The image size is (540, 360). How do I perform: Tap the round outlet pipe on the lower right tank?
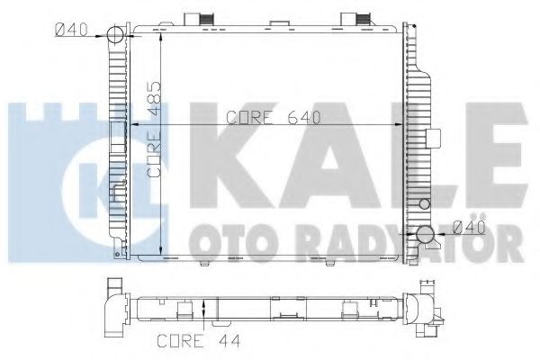coord(426,236)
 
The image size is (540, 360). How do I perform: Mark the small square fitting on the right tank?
coord(431,138)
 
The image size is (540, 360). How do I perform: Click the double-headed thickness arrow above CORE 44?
coord(208,312)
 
